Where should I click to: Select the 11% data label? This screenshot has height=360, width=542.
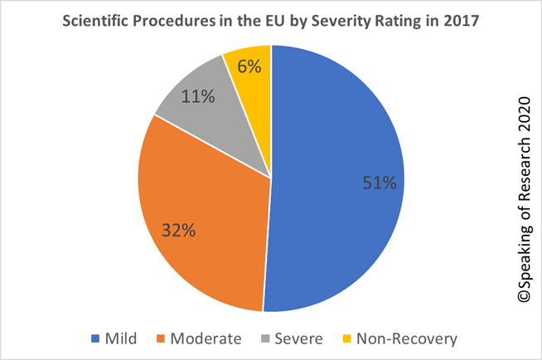click(x=197, y=97)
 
